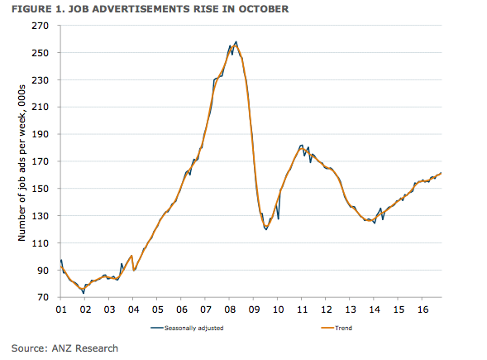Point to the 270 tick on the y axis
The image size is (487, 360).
point(41,26)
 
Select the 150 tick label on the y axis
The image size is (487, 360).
point(41,188)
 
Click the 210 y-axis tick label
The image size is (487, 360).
point(41,107)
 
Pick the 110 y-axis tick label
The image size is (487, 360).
point(41,242)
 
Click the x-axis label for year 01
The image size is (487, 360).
point(60,309)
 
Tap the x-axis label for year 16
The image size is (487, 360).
point(422,309)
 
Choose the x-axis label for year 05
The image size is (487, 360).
point(156,309)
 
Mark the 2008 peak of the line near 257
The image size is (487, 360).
point(236,42)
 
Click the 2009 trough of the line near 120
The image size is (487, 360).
point(265,229)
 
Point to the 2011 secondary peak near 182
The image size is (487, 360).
point(302,145)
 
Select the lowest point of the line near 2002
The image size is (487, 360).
point(84,292)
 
